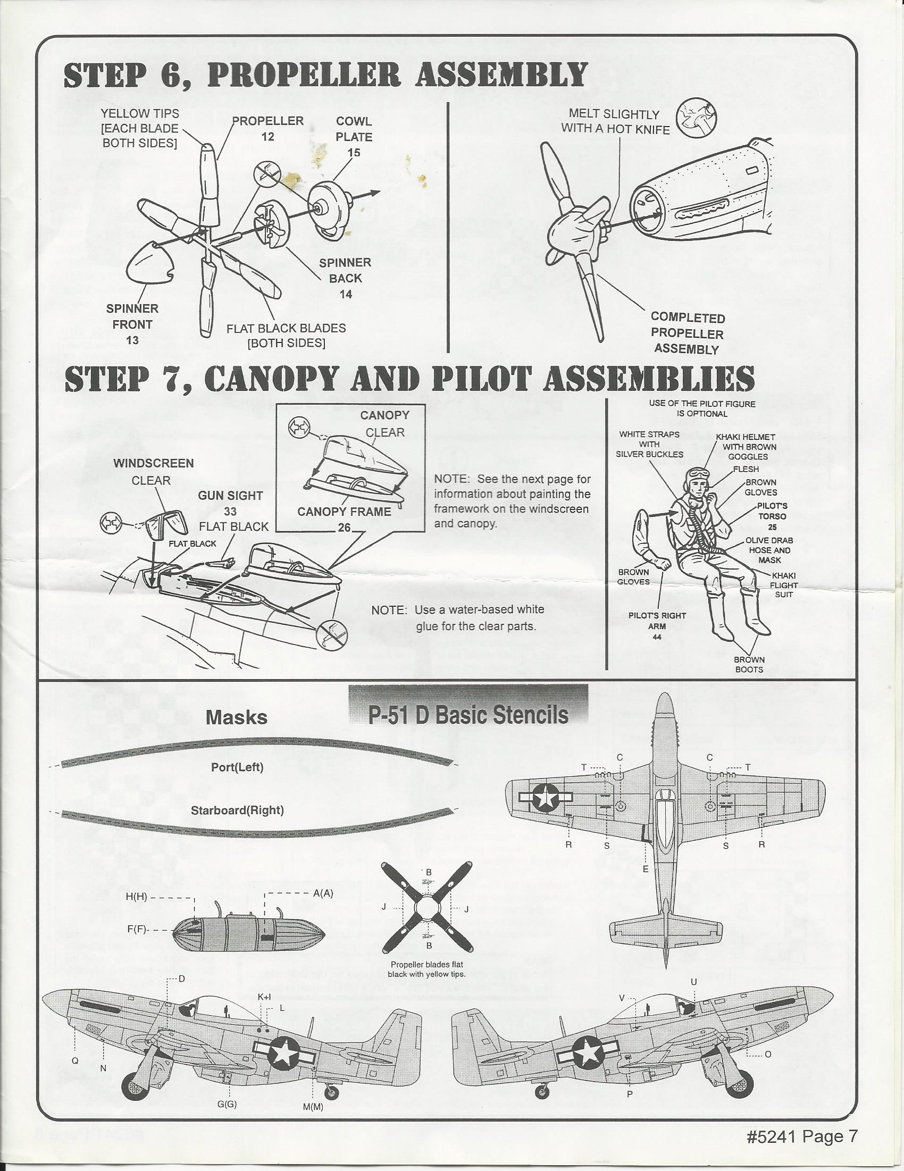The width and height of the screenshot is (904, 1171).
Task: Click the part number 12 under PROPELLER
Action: (x=267, y=137)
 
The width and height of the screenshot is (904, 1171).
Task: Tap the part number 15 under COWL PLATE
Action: (x=353, y=153)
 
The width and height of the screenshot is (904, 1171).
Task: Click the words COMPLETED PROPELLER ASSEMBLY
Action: (x=687, y=333)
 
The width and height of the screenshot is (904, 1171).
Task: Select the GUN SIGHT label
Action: (x=230, y=496)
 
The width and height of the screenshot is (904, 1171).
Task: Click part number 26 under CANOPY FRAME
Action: (x=344, y=528)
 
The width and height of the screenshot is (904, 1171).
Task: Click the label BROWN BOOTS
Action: (x=749, y=664)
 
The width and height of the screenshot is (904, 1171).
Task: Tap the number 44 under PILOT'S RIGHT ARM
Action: (x=657, y=637)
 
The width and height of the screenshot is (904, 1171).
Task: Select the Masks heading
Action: (x=237, y=717)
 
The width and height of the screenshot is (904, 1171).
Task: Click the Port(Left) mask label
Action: (x=237, y=767)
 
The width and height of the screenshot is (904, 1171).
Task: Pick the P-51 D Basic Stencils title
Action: (x=468, y=715)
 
